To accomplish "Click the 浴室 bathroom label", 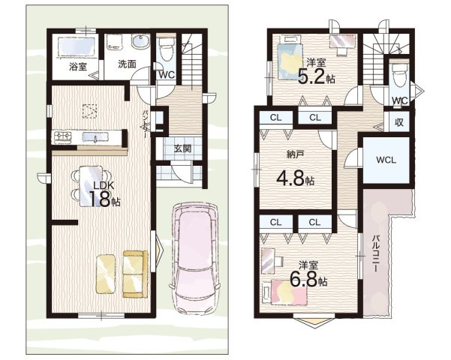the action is coord(78,67).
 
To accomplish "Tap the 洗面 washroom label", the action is coord(127,64).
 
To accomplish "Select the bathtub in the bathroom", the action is coord(77,46).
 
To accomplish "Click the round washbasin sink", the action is coord(140,42).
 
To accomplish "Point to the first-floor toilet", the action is coord(166,49).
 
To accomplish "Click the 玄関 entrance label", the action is coord(183,148).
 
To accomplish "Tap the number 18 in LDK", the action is coord(100,199).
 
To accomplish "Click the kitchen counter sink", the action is coord(95,136).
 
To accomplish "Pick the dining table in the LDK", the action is coord(90,186).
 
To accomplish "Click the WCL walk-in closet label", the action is coord(386,160).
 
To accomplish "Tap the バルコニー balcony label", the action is coord(376,253).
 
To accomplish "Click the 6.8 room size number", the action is coord(304,278).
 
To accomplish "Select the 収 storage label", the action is coord(399,122).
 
